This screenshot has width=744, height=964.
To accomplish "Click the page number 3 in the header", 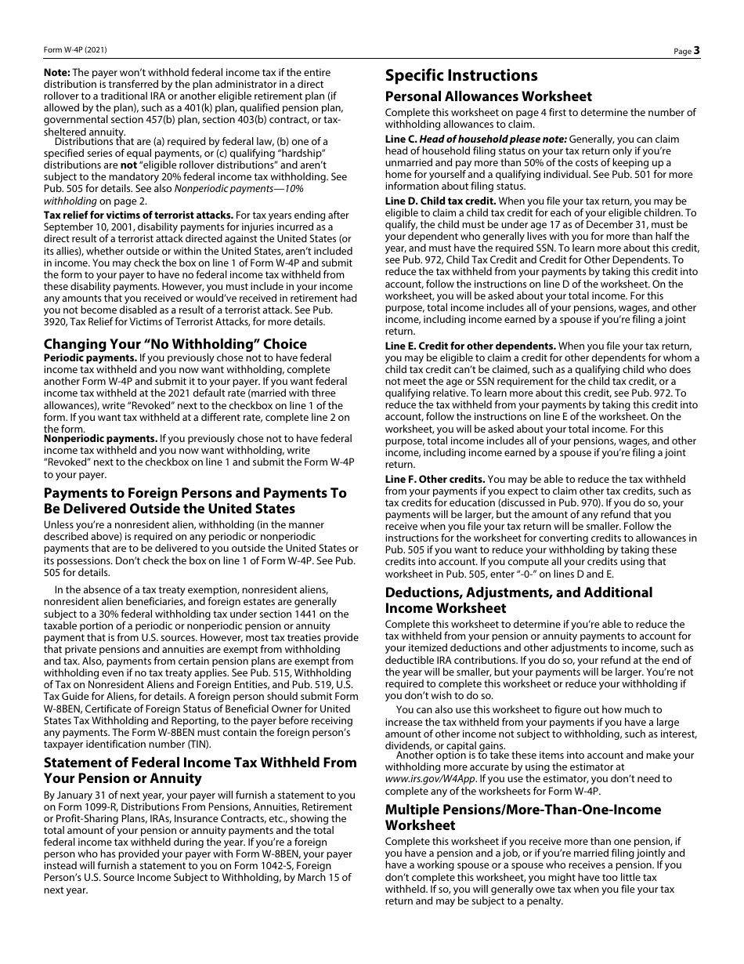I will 696,50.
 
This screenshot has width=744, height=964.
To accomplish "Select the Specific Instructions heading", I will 461,75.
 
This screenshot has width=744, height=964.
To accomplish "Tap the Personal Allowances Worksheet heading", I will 488,96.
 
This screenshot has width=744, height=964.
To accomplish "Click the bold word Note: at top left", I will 56,73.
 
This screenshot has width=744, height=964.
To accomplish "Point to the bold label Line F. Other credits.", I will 435,479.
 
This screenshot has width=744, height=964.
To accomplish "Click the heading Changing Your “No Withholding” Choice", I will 175,344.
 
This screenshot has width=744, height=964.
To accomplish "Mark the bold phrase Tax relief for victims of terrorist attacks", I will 138,215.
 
